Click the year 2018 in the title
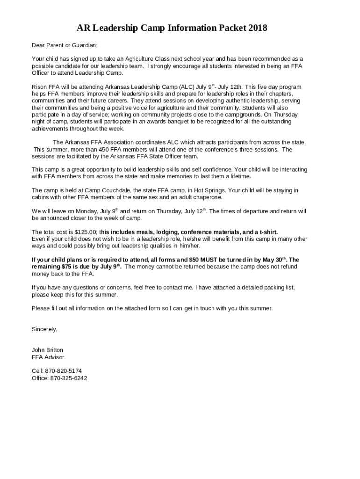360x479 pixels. pos(256,28)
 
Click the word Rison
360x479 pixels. pos(39,87)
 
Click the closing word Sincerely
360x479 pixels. pos(44,329)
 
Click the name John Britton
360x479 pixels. pos(47,350)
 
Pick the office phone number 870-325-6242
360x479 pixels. pos(68,378)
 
